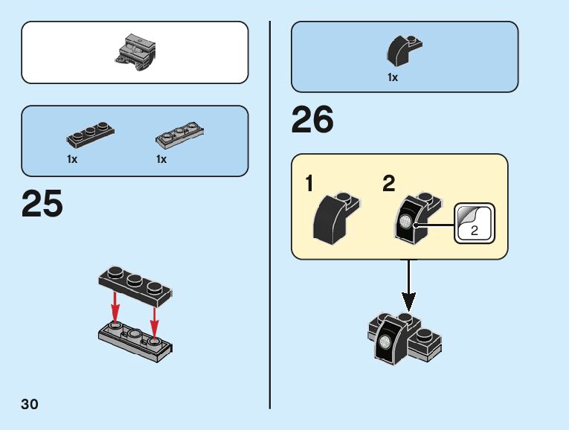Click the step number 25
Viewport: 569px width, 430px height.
pyautogui.click(x=42, y=204)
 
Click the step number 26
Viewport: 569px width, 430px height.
pyautogui.click(x=312, y=119)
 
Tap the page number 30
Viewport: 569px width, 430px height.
pyautogui.click(x=30, y=404)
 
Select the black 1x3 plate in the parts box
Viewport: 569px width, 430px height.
pyautogui.click(x=90, y=135)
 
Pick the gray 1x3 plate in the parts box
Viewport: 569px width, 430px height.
pyautogui.click(x=179, y=135)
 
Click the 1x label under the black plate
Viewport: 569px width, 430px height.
pyautogui.click(x=72, y=159)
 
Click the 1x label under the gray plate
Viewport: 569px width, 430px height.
pyautogui.click(x=161, y=159)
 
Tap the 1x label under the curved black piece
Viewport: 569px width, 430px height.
pyautogui.click(x=393, y=77)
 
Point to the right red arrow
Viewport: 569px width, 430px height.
pyautogui.click(x=155, y=324)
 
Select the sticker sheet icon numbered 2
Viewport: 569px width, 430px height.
pyautogui.click(x=475, y=223)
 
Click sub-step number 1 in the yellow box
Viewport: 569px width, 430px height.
pyautogui.click(x=309, y=183)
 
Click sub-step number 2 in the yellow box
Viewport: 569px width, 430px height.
pyautogui.click(x=389, y=183)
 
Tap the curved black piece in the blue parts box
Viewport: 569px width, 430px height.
pyautogui.click(x=404, y=51)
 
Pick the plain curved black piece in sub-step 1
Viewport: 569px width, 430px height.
pyautogui.click(x=335, y=219)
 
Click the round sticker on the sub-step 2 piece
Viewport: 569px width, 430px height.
pyautogui.click(x=405, y=221)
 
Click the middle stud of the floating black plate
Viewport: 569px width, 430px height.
pyautogui.click(x=135, y=279)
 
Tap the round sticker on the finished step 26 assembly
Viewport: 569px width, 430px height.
pyautogui.click(x=385, y=341)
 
